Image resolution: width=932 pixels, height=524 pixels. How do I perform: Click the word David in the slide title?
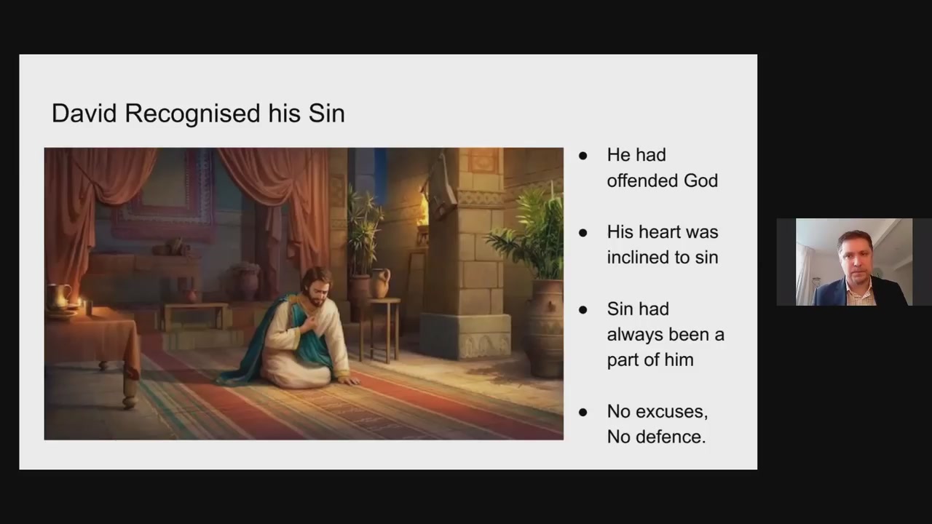pyautogui.click(x=84, y=113)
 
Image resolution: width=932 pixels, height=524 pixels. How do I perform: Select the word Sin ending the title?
pyautogui.click(x=327, y=113)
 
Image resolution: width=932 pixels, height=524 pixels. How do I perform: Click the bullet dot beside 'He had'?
pyautogui.click(x=583, y=156)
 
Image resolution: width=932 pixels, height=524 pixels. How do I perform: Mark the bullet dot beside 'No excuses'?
pyautogui.click(x=583, y=413)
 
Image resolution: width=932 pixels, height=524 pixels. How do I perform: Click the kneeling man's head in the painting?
pyautogui.click(x=316, y=287)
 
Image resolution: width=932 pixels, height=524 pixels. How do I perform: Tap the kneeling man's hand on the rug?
pyautogui.click(x=348, y=380)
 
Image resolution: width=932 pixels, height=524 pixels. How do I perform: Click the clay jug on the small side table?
pyautogui.click(x=379, y=283)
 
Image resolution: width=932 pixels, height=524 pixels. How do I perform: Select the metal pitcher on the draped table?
pyautogui.click(x=58, y=297)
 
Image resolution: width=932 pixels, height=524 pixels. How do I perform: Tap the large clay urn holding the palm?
pyautogui.click(x=542, y=328)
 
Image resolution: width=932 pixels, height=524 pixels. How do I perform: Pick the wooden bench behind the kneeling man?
pyautogui.click(x=196, y=316)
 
